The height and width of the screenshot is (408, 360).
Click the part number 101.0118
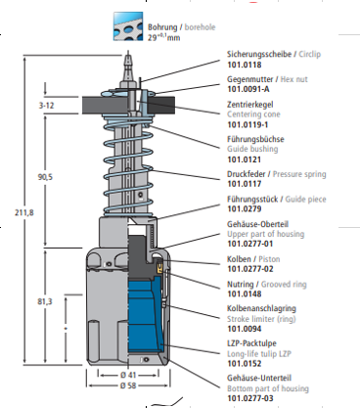[245, 65]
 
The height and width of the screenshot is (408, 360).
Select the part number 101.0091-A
[248, 89]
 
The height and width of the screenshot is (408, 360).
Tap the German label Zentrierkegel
[250, 105]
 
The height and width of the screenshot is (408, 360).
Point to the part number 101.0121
[245, 159]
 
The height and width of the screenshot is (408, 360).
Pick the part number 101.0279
[245, 208]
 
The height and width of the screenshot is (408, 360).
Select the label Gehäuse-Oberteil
[257, 224]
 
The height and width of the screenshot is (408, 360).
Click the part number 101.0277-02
[250, 269]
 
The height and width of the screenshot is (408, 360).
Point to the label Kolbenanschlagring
[261, 308]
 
